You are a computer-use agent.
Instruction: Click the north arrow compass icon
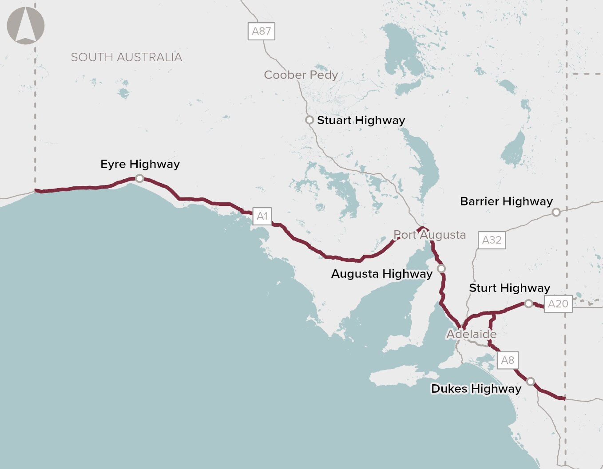click(x=26, y=26)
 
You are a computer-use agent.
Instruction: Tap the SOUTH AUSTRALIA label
click(x=127, y=57)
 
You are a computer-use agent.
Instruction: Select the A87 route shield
click(x=261, y=31)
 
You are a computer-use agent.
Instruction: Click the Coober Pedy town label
click(x=301, y=75)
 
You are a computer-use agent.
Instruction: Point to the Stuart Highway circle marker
click(x=309, y=120)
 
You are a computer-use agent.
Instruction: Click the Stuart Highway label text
click(x=361, y=120)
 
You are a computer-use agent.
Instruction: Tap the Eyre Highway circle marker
click(x=139, y=178)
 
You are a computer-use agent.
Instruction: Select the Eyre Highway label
click(x=140, y=164)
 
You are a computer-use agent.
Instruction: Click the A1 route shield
click(x=262, y=216)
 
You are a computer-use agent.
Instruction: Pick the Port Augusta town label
click(x=429, y=235)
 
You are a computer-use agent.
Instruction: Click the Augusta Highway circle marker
click(x=441, y=268)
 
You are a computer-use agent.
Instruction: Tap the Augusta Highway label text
click(x=381, y=274)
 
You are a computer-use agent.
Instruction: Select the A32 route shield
click(x=492, y=240)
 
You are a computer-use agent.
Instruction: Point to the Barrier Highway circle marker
click(x=556, y=212)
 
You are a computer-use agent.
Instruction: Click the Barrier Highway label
click(x=506, y=201)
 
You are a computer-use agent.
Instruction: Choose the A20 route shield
click(x=558, y=303)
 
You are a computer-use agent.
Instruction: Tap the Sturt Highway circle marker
click(x=528, y=303)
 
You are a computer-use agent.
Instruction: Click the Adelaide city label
click(x=471, y=334)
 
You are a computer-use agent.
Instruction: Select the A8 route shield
click(x=507, y=360)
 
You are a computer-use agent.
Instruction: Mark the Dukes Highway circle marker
click(x=530, y=382)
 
